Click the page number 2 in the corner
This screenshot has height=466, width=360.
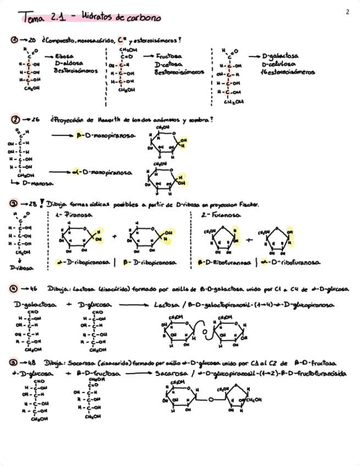(347, 12)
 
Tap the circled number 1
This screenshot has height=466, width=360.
(14, 41)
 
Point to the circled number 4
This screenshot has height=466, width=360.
(14, 288)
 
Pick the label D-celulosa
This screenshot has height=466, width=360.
(278, 64)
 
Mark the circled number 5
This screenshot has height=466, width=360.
(14, 363)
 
